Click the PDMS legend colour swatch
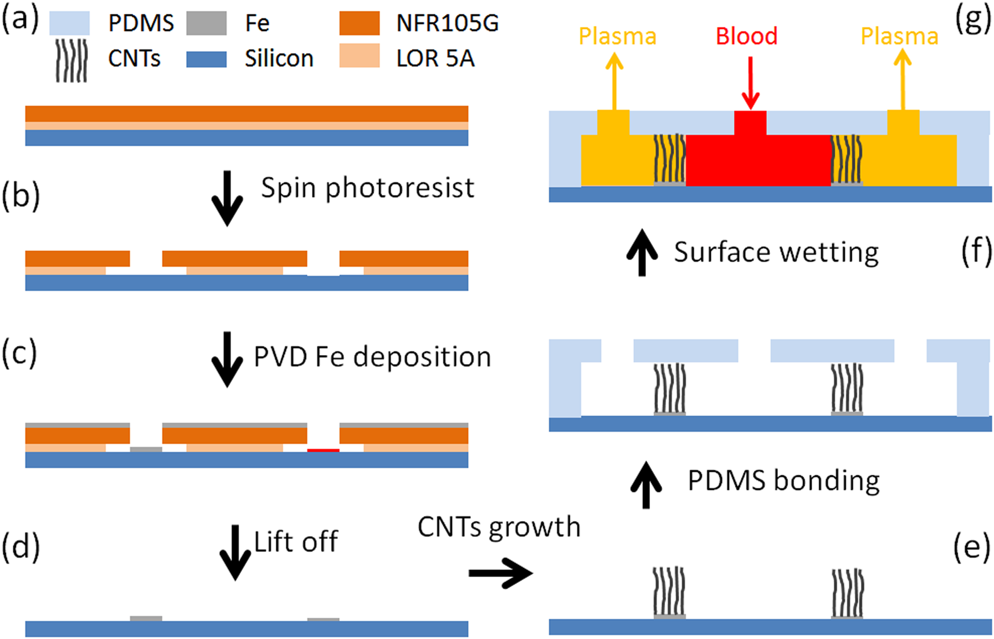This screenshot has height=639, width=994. [69, 23]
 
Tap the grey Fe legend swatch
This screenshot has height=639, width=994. [207, 23]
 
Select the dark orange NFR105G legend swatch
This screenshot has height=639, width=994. [360, 23]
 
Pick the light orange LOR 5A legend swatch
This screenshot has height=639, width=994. [360, 55]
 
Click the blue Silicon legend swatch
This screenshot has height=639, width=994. [207, 60]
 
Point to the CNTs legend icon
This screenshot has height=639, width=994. [71, 60]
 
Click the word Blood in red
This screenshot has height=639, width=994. [747, 36]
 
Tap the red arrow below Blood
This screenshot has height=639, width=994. [751, 83]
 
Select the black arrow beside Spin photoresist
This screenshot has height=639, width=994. [227, 198]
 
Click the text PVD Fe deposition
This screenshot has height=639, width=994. [372, 357]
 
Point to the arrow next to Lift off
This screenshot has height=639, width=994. [235, 552]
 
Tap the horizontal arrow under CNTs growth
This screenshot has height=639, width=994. [501, 573]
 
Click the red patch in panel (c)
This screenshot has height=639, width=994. [323, 450]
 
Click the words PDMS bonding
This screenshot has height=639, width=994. [784, 481]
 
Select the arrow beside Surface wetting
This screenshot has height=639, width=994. [642, 253]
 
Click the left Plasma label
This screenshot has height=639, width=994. [617, 36]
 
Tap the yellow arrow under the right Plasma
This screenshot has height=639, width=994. [902, 79]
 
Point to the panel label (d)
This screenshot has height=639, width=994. [21, 548]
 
